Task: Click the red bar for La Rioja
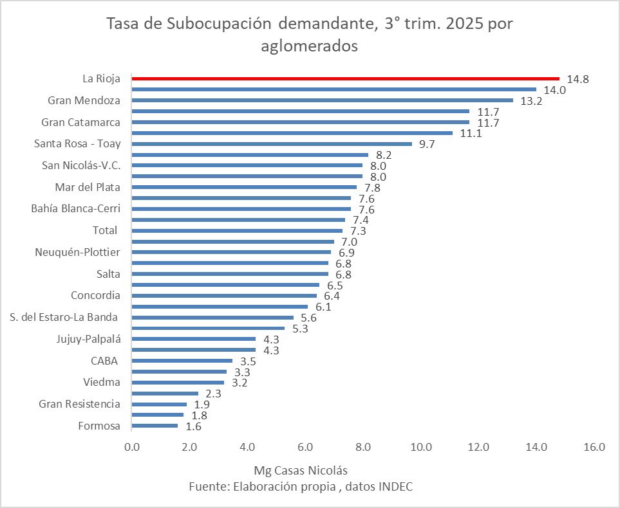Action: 345,78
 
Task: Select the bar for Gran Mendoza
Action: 322,100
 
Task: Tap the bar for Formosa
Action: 155,426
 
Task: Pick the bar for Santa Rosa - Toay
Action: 272,144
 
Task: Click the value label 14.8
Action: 578,79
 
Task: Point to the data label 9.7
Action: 427,144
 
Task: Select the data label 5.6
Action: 308,318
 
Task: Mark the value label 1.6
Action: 193,426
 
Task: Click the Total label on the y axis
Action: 105,230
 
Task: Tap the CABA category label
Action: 104,360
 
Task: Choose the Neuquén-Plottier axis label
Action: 77,252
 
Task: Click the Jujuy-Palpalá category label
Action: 89,339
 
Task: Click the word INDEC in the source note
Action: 394,487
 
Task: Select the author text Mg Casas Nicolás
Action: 301,470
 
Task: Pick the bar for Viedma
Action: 178,383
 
